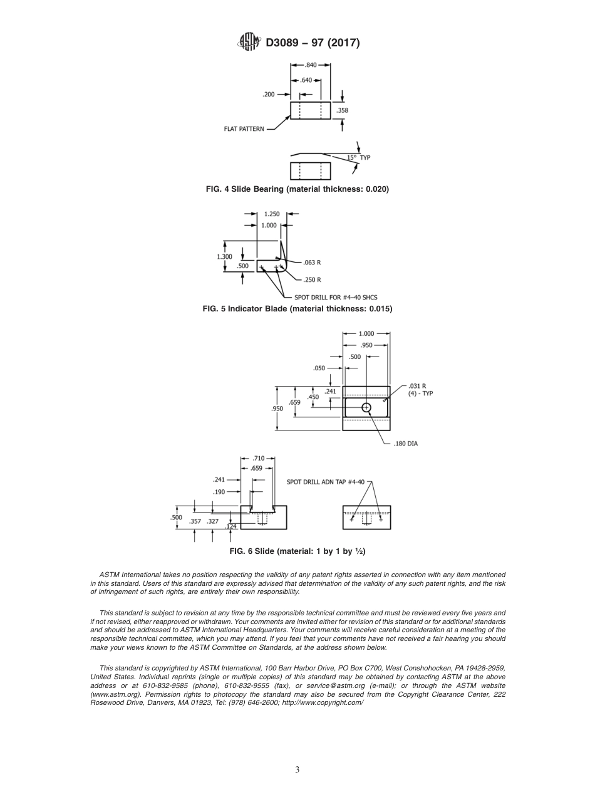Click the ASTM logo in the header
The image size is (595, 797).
pos(249,43)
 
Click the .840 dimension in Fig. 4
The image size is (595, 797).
pos(311,65)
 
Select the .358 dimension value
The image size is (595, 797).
pos(342,110)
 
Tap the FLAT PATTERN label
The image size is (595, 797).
pos(244,129)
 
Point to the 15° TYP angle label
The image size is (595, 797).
pos(359,157)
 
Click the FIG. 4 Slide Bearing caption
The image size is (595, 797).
pos(297,189)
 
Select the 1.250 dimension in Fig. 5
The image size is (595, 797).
pos(272,214)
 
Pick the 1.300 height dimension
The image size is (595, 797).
pos(224,256)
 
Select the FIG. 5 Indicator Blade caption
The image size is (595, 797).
pos(297,309)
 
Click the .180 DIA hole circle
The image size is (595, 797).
pos(366,408)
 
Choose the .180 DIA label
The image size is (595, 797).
pos(405,444)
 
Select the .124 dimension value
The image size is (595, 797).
pos(231,526)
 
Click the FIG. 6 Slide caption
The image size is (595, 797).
pos(297,551)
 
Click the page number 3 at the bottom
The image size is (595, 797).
pos(297,770)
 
